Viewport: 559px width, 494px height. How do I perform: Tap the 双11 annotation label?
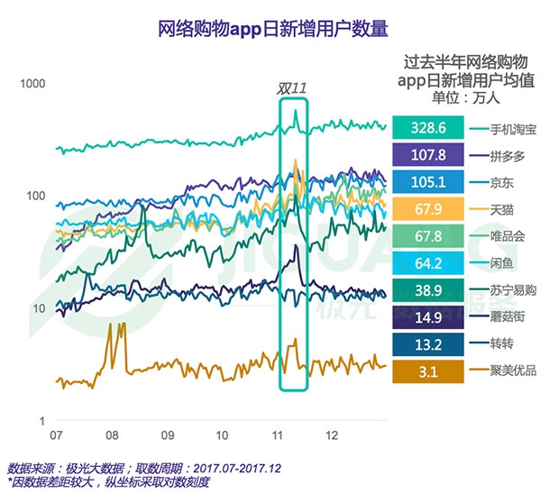(293, 88)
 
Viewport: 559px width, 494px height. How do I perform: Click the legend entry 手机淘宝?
(515, 128)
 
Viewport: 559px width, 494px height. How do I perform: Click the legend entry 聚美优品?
(515, 370)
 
